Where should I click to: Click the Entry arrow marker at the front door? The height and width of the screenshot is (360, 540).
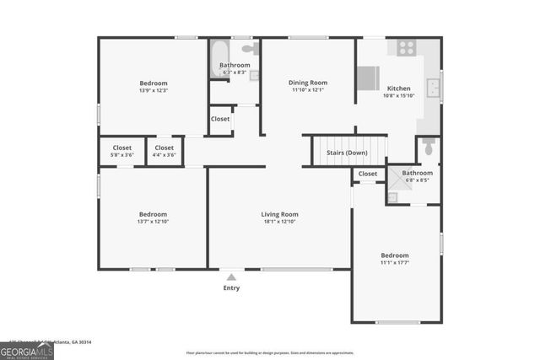pyautogui.click(x=231, y=276)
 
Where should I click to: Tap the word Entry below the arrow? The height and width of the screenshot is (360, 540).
pyautogui.click(x=231, y=288)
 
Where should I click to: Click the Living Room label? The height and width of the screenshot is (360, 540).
pyautogui.click(x=279, y=214)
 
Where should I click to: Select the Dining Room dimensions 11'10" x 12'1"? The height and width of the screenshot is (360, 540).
pyautogui.click(x=308, y=90)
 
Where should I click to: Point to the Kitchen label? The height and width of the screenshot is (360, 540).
pyautogui.click(x=398, y=89)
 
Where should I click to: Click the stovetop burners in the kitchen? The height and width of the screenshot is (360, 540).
pyautogui.click(x=407, y=48)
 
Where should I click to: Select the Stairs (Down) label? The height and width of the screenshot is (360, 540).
pyautogui.click(x=346, y=153)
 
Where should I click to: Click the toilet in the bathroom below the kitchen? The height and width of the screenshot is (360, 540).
pyautogui.click(x=429, y=150)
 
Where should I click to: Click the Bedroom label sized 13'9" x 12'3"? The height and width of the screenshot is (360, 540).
pyautogui.click(x=154, y=83)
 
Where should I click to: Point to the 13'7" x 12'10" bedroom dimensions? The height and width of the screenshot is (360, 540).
pyautogui.click(x=153, y=222)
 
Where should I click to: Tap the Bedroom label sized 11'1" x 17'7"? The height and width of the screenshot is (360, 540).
pyautogui.click(x=394, y=255)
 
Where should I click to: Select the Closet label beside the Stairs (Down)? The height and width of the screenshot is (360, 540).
pyautogui.click(x=368, y=174)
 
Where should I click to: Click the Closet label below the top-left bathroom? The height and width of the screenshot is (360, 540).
pyautogui.click(x=220, y=119)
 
